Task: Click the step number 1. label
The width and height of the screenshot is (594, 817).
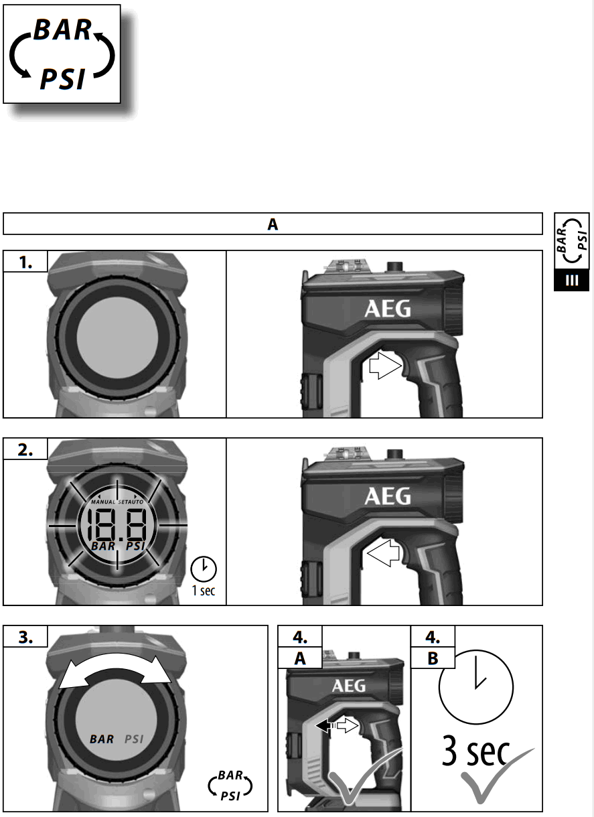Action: (25, 263)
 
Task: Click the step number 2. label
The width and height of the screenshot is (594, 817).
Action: (25, 450)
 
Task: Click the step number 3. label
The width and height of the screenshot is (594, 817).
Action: (25, 638)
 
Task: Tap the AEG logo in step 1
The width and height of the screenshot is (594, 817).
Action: (388, 309)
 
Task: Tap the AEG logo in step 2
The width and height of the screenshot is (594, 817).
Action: (388, 496)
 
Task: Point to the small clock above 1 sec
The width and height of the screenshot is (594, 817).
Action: (204, 569)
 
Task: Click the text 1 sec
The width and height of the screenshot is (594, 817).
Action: (204, 592)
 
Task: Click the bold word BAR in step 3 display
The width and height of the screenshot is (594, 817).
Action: (102, 739)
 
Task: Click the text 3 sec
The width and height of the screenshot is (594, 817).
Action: (475, 753)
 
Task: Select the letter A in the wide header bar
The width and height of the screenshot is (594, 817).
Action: (273, 224)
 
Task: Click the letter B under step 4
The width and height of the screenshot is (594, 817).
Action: (433, 658)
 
